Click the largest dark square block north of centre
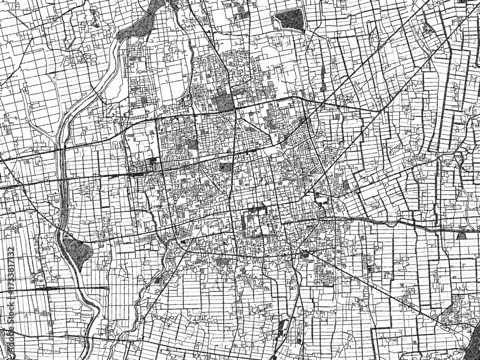click(x=224, y=101)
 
